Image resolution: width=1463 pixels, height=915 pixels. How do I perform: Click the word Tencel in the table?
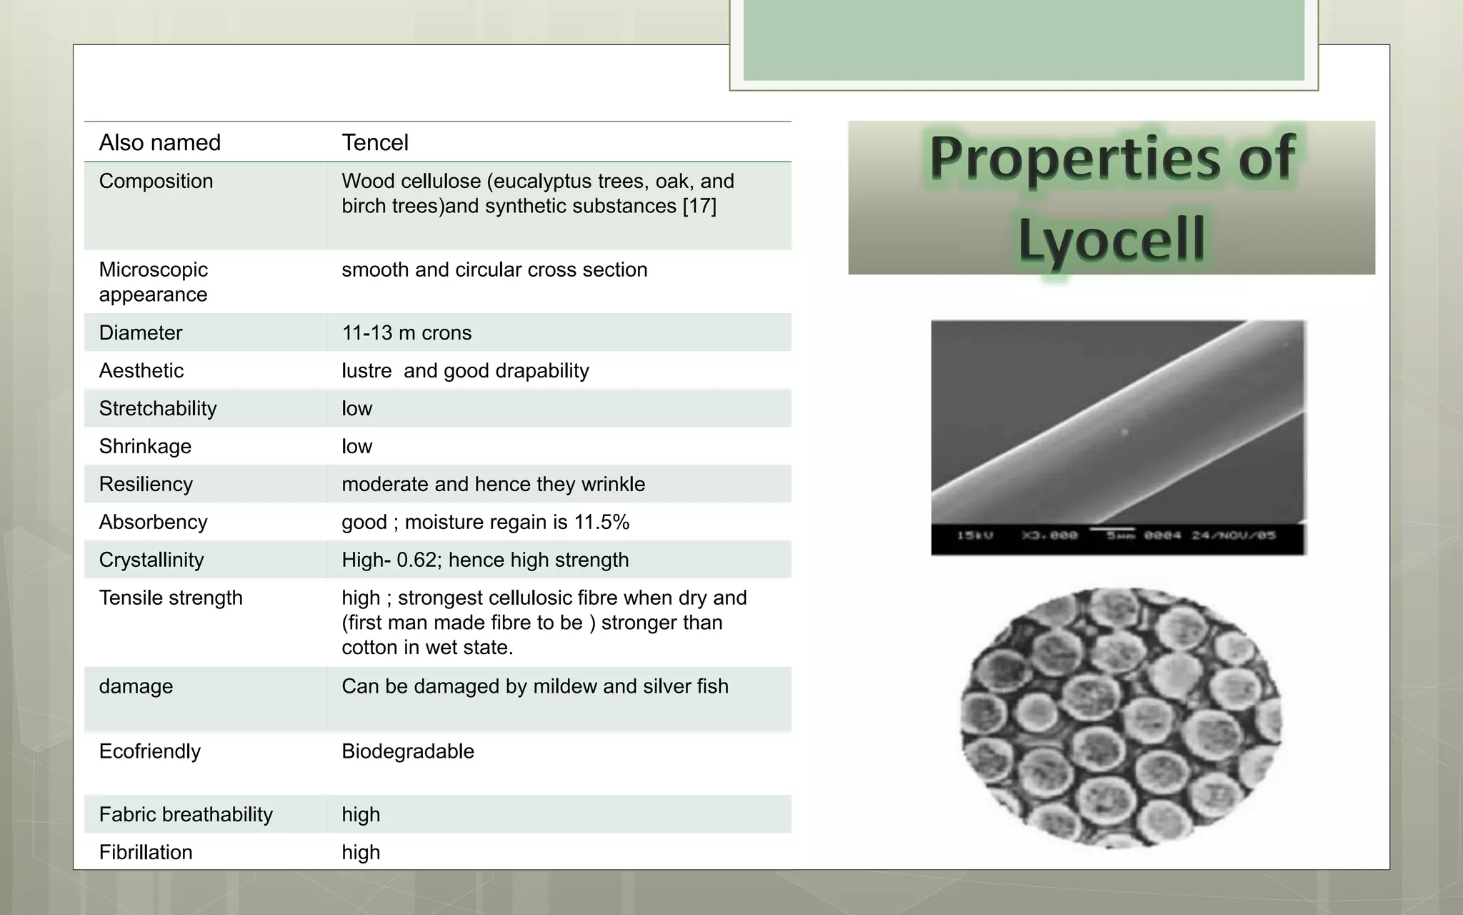375,143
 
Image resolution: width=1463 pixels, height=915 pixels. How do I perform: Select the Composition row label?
156,182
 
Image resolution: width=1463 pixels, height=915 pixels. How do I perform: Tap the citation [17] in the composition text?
699,207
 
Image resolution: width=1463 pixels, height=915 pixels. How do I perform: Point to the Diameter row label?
141,333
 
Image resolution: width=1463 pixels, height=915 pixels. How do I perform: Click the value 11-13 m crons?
406,333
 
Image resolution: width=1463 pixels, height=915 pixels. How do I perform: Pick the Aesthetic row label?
141,371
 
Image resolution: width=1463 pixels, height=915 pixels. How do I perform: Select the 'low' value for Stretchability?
357,409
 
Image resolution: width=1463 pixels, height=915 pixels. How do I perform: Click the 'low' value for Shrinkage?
357,447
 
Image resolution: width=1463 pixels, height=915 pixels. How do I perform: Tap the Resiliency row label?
146,485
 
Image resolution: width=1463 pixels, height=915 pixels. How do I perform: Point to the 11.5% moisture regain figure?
601,523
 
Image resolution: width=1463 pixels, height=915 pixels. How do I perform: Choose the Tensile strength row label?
171,598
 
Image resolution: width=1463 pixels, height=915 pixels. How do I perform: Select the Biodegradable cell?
408,752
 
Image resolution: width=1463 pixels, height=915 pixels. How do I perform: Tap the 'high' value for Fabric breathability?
361,815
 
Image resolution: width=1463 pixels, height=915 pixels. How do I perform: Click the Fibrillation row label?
146,853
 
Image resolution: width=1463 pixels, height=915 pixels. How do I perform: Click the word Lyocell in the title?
1112,239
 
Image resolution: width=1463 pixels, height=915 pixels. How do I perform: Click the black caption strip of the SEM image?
1118,538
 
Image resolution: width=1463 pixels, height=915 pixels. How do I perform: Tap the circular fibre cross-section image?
1120,718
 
